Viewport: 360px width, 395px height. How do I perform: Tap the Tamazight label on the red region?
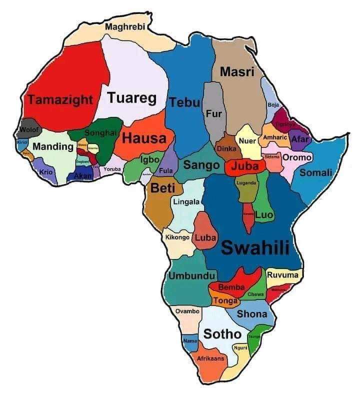click(60, 99)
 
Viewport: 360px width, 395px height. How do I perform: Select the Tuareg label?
click(132, 97)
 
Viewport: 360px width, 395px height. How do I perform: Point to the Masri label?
click(237, 71)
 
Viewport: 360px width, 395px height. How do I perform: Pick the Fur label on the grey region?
click(213, 114)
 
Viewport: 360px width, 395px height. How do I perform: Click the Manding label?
click(52, 147)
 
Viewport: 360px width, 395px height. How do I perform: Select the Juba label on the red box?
click(245, 166)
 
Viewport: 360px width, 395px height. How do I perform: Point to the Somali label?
click(315, 172)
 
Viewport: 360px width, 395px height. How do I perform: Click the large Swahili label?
click(255, 247)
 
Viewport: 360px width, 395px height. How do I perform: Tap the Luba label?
click(204, 237)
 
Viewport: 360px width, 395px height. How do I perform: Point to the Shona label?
click(251, 314)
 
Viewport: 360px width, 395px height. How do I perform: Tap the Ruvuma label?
click(283, 275)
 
